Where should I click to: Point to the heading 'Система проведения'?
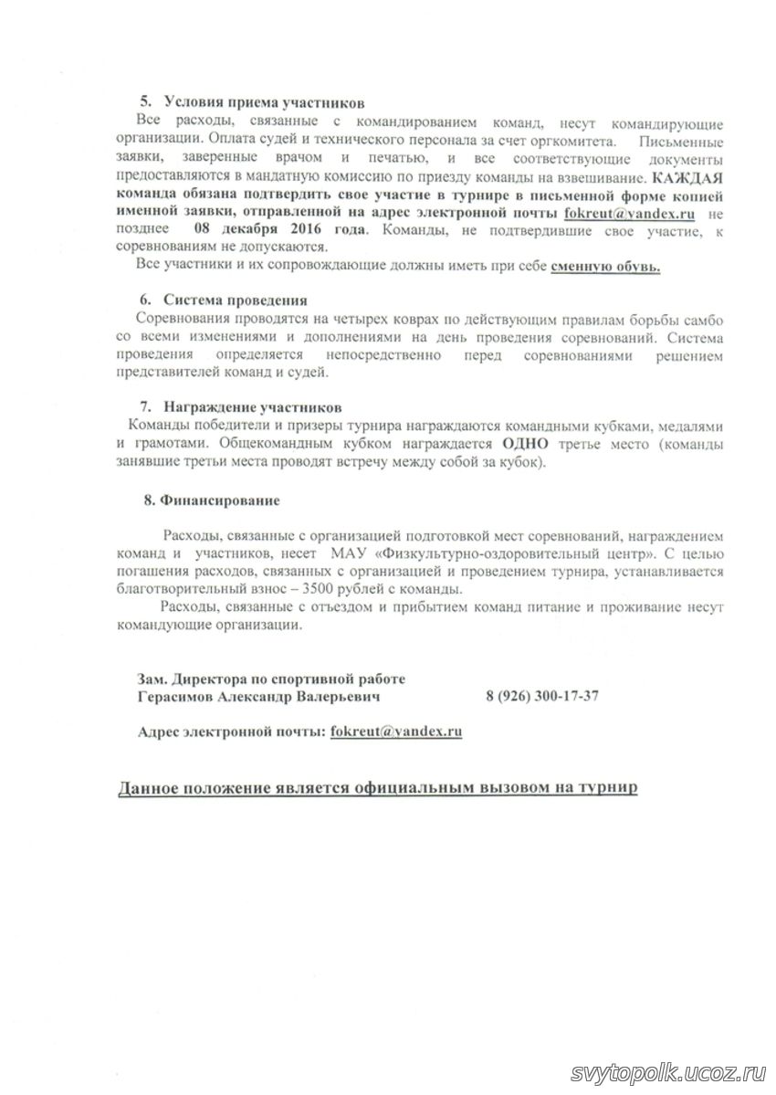(x=235, y=300)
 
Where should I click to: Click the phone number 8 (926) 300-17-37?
(x=542, y=696)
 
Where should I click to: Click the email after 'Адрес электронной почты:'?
(x=396, y=732)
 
